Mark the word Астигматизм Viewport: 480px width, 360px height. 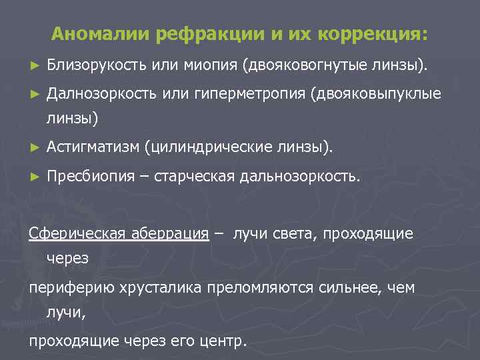click(x=93, y=146)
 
